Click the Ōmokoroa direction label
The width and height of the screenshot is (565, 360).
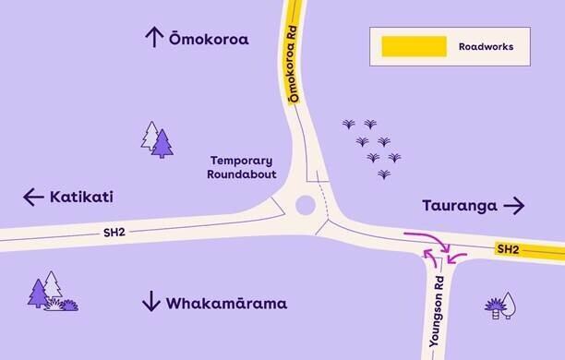tap(209, 39)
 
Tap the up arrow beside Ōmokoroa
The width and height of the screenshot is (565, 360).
tap(153, 37)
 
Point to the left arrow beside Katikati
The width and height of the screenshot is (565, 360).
tap(33, 197)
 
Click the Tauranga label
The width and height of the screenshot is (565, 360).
tap(460, 205)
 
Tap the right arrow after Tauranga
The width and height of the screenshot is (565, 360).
tap(514, 205)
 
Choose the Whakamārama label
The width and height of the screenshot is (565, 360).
tap(226, 303)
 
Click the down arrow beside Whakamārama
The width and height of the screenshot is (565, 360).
tap(151, 302)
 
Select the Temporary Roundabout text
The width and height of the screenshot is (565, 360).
tap(242, 166)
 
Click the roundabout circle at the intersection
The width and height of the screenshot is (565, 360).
tap(307, 205)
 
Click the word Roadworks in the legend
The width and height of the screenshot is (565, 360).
tap(486, 45)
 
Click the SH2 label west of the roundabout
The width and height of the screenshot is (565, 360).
tap(113, 235)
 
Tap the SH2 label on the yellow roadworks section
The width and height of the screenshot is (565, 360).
tap(508, 249)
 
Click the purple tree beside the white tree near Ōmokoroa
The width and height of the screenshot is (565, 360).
tap(162, 143)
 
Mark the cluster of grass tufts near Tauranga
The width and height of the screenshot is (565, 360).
tap(373, 148)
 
